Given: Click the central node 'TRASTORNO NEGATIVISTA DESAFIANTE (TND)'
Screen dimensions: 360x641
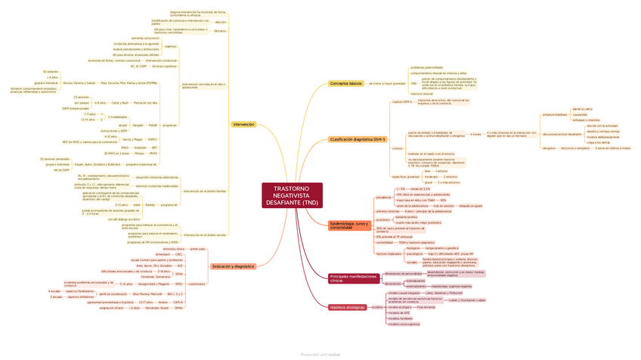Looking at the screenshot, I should coord(291,195).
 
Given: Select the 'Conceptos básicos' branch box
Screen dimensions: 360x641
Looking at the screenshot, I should coord(345,83).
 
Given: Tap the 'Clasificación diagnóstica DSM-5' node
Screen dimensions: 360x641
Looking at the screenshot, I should coord(358,140).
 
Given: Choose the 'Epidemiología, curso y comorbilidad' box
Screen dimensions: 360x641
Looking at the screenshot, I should coord(350,225).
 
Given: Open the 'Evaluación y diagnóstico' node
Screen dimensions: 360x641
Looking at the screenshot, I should coord(233,266).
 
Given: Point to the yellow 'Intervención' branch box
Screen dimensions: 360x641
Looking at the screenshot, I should coord(243,124).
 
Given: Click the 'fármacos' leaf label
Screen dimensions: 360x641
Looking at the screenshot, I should coord(220,31).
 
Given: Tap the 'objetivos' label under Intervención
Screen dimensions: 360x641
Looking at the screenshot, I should coord(170,46).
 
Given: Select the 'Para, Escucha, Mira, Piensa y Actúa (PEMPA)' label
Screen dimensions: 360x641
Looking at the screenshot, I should coord(131,83).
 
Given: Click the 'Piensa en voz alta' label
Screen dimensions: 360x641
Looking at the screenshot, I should coord(145,102).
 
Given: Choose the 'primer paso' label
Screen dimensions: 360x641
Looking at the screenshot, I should coord(197,248).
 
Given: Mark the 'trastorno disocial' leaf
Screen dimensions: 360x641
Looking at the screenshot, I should coord(422,95).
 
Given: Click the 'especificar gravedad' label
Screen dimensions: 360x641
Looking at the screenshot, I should coord(405,176).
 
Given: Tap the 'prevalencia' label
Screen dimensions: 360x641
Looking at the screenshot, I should coord(383,197).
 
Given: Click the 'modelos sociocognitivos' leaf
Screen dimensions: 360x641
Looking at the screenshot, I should coord(403,324).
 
